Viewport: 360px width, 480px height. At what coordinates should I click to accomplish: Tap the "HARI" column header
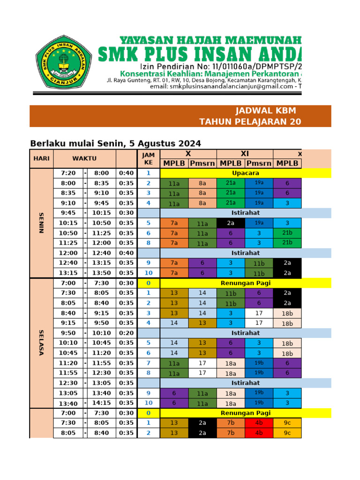(41, 158)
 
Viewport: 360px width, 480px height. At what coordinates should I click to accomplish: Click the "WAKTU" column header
(84, 158)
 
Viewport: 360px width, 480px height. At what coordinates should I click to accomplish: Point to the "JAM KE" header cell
(148, 158)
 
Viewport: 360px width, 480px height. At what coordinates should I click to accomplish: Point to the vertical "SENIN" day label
(41, 223)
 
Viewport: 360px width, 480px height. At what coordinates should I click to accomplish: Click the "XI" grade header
(245, 154)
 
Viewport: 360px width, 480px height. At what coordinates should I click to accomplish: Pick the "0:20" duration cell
(126, 333)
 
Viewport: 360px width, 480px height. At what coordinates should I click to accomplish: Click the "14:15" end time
(102, 403)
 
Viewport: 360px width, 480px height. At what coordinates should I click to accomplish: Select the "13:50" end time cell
(102, 273)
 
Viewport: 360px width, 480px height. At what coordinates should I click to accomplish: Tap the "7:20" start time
(68, 173)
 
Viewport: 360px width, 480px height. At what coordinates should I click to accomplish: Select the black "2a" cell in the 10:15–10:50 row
(231, 223)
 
